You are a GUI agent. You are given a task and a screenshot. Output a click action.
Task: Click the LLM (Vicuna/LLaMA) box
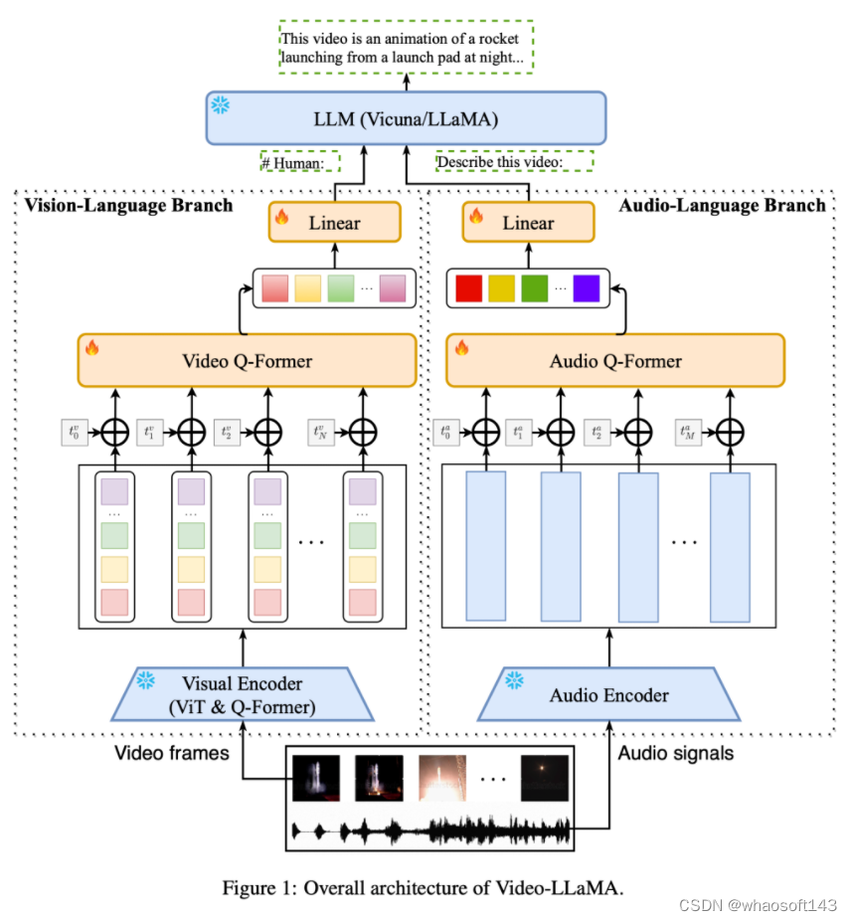[406, 118]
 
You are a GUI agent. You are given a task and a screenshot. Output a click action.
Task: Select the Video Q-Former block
[247, 360]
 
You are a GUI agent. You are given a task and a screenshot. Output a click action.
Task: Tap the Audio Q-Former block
[615, 360]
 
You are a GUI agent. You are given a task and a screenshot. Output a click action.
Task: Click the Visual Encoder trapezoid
[243, 694]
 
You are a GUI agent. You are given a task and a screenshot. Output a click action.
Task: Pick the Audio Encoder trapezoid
[608, 694]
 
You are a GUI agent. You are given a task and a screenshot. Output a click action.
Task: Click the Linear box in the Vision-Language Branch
[334, 222]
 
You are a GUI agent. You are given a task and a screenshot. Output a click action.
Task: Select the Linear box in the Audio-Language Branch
[528, 222]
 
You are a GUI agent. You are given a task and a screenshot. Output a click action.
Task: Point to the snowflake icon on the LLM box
[219, 103]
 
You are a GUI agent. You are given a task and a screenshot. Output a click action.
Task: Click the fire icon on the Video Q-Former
[92, 348]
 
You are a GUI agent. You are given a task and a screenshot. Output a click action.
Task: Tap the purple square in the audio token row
[587, 288]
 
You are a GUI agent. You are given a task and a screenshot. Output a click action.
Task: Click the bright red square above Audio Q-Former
[468, 288]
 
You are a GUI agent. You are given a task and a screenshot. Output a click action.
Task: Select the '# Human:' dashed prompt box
[299, 161]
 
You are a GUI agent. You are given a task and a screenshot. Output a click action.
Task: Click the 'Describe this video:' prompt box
[514, 161]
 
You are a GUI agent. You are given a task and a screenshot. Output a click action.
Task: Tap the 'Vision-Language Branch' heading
[127, 206]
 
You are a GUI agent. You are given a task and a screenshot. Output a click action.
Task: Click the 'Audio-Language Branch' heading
[722, 206]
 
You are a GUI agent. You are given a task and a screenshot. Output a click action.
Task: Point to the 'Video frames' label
[171, 753]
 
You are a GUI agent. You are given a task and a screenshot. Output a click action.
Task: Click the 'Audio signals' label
[675, 753]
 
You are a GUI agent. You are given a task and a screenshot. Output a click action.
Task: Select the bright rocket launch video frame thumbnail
[441, 778]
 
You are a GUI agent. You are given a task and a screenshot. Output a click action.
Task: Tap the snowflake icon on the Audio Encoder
[515, 680]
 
